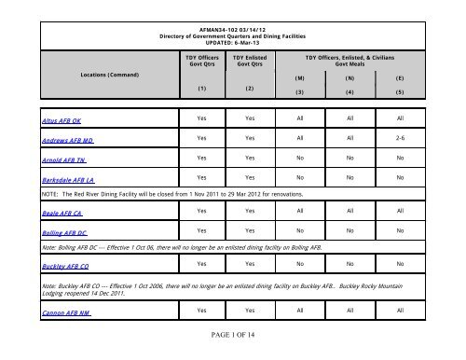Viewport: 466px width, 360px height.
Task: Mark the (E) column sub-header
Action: pyautogui.click(x=400, y=78)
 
